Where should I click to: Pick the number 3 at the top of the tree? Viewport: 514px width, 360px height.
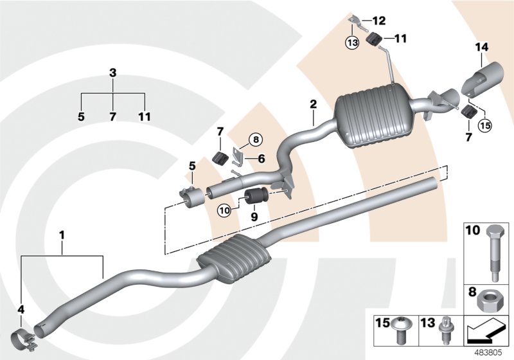coord(113,73)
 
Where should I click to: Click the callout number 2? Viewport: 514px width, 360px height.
coord(313,104)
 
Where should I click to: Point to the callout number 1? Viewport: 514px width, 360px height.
coord(62,236)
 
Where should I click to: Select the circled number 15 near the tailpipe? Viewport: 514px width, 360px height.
coord(484,125)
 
